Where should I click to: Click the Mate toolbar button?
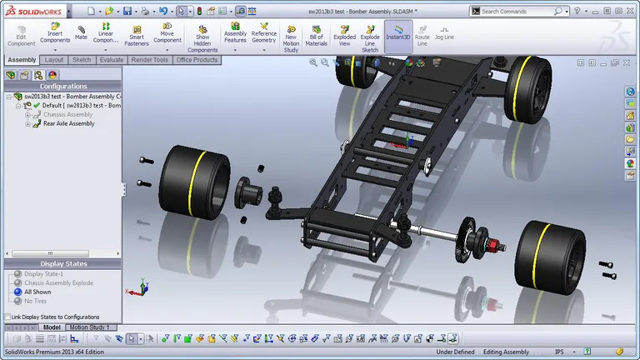point(81,32)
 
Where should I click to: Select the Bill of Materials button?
point(316,37)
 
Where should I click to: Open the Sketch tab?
point(82,60)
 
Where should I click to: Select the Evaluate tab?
point(111,60)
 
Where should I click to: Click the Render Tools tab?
point(149,60)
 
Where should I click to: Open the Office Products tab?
point(197,60)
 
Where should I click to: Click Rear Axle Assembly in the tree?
point(68,123)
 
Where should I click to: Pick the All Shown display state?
point(37,292)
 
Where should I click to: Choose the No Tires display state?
point(36,301)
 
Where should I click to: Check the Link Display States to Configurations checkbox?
point(7,317)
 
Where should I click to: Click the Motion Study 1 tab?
point(92,327)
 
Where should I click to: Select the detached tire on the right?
point(547,255)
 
